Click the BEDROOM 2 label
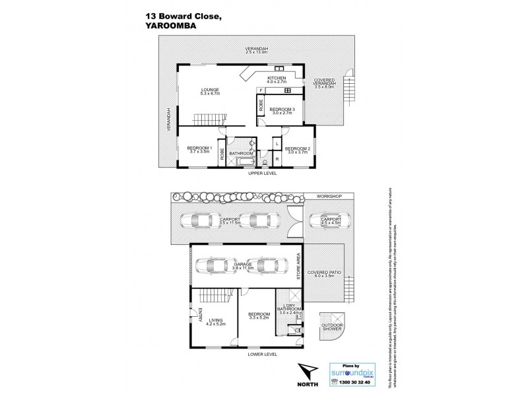point(297,150)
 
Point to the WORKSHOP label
point(328,197)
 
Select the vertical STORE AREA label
point(298,265)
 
